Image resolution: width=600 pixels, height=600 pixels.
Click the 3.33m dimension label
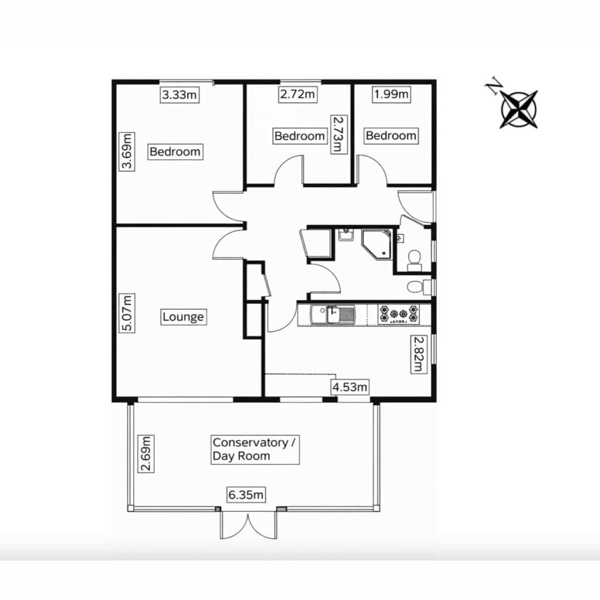[x=179, y=94]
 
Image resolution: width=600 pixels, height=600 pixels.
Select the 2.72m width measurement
[x=298, y=94]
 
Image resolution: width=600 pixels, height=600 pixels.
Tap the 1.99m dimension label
[x=391, y=94]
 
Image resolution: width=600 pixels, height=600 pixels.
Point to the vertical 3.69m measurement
[x=127, y=151]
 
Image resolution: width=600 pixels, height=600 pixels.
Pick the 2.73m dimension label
[x=338, y=134]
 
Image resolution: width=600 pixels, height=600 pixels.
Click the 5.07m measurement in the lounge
[x=127, y=313]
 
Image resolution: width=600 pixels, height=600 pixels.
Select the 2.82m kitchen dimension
[x=419, y=354]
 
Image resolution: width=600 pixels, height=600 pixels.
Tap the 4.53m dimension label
[x=350, y=387]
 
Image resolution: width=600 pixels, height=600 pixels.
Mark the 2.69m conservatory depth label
[x=146, y=454]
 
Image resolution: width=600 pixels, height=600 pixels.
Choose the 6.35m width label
[x=246, y=495]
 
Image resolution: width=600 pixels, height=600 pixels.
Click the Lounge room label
[x=183, y=317]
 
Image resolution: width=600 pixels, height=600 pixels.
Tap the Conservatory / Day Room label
[x=255, y=449]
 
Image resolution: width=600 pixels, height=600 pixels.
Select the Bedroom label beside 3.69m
[x=175, y=152]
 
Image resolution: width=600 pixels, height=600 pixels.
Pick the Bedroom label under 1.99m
[x=391, y=135]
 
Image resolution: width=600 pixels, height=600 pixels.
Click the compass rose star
[x=519, y=109]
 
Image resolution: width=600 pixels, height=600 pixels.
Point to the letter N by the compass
[x=493, y=86]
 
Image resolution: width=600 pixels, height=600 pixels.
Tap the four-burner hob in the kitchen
[x=398, y=315]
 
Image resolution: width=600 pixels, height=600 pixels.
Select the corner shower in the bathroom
[x=377, y=244]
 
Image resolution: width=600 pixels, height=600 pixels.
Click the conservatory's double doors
[x=248, y=524]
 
